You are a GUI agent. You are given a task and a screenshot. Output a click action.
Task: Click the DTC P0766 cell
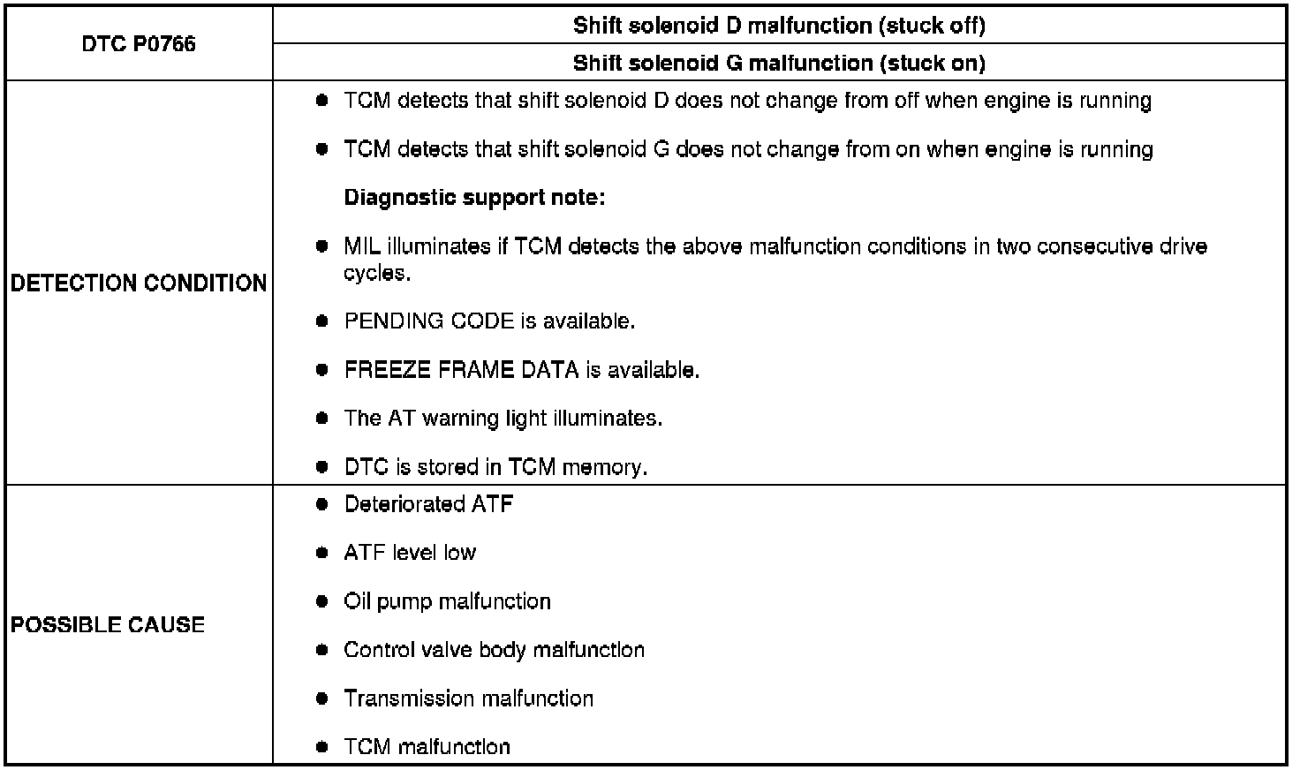point(139,44)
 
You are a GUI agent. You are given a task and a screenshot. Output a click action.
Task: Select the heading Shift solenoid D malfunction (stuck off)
point(779,26)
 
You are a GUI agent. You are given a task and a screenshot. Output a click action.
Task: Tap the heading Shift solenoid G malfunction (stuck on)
point(779,63)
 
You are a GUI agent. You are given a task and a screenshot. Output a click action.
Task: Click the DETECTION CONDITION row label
point(139,283)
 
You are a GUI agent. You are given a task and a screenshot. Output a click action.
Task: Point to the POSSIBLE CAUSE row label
point(108,625)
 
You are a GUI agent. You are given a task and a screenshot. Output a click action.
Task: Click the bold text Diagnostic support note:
point(474,198)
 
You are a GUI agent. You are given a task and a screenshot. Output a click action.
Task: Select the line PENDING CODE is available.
point(489,321)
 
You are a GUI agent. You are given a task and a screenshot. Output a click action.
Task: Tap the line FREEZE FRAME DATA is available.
point(521,370)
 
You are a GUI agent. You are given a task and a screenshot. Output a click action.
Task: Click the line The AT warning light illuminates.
point(503,418)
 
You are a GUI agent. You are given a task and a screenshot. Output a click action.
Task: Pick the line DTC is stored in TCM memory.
point(495,467)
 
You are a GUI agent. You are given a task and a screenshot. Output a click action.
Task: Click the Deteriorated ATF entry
point(428,504)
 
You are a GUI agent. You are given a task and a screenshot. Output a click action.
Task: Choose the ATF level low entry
point(410,553)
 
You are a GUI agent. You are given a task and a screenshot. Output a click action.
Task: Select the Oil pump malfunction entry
point(447,601)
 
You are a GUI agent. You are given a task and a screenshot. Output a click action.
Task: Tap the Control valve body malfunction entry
point(494,650)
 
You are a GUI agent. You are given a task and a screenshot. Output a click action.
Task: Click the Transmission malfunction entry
point(468,698)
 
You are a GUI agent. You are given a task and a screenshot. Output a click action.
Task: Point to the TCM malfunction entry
point(427,747)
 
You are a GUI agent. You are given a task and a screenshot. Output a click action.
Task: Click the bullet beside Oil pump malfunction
point(322,601)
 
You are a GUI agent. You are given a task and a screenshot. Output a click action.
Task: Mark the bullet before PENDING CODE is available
point(322,321)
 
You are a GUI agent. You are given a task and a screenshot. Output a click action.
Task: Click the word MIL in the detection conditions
point(361,246)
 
